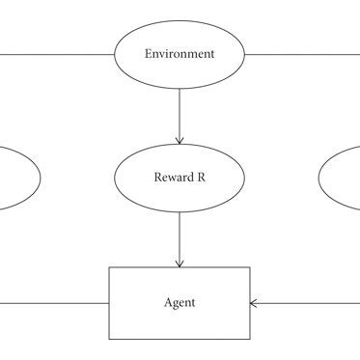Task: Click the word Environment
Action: click(x=180, y=54)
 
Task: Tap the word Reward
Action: click(x=169, y=177)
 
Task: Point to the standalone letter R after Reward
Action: click(x=197, y=177)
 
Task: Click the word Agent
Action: click(x=180, y=303)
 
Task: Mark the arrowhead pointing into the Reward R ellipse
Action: click(x=180, y=140)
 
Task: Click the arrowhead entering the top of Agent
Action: click(x=180, y=263)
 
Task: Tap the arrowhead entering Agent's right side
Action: click(x=255, y=303)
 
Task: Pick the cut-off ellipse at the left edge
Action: click(x=19, y=178)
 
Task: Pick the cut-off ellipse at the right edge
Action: click(x=340, y=178)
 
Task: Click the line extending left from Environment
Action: click(x=58, y=54)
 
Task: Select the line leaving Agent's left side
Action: click(x=53, y=303)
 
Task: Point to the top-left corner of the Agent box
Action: click(x=109, y=267)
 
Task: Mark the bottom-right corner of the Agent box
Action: click(x=250, y=339)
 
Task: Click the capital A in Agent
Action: click(x=167, y=303)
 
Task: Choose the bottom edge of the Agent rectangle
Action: click(x=180, y=339)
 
